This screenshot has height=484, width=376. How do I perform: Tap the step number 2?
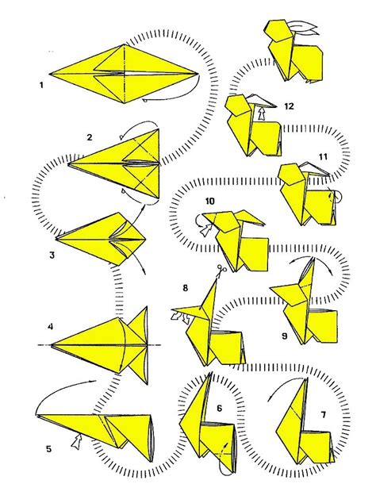pos(90,136)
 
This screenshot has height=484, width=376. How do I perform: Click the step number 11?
pos(322,157)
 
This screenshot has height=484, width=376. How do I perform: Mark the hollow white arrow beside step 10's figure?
pos(205,230)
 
